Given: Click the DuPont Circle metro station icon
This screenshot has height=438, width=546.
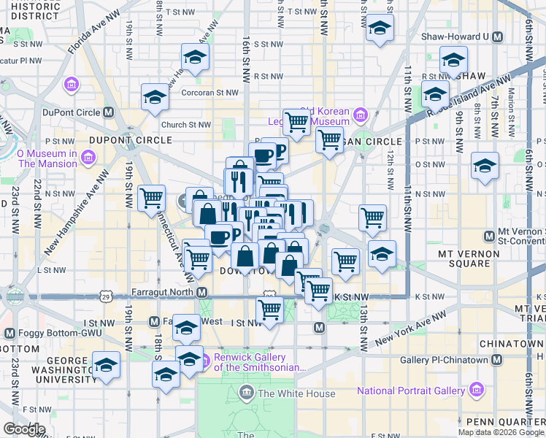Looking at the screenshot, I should [x=108, y=112].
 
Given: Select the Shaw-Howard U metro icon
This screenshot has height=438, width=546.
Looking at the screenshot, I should [x=497, y=36].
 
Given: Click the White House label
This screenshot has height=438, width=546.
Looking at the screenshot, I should [x=296, y=394].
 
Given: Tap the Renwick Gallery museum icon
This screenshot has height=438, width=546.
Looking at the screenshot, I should [x=205, y=358].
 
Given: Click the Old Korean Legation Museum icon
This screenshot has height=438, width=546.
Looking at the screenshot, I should [x=360, y=115].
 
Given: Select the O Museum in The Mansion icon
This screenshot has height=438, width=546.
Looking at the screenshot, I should [x=88, y=158].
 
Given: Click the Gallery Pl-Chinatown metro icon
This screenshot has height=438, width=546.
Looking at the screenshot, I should [x=497, y=361].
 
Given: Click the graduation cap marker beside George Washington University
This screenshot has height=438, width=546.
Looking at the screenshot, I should [x=107, y=364].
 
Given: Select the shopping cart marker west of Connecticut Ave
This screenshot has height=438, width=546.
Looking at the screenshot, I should [x=151, y=197].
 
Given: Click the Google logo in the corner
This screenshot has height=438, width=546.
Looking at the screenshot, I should [x=24, y=429].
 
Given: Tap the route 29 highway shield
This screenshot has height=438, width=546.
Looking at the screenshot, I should [x=107, y=297].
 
